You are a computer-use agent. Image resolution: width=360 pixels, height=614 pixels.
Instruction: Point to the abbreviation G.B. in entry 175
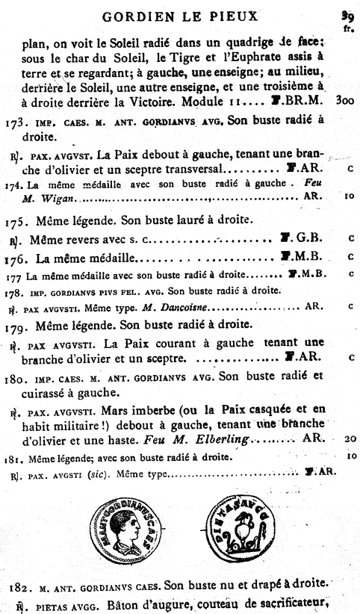[x=308, y=239]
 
